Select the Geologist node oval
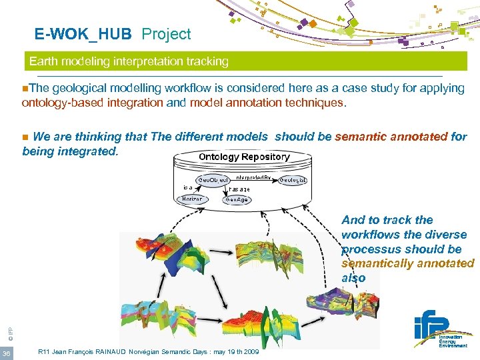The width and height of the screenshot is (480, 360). pyautogui.click(x=293, y=180)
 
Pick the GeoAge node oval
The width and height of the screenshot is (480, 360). pyautogui.click(x=236, y=199)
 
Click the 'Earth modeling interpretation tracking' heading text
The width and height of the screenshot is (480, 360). pyautogui.click(x=129, y=61)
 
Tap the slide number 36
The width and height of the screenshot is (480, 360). pyautogui.click(x=7, y=353)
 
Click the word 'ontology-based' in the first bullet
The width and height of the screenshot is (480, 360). pyautogui.click(x=59, y=103)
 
